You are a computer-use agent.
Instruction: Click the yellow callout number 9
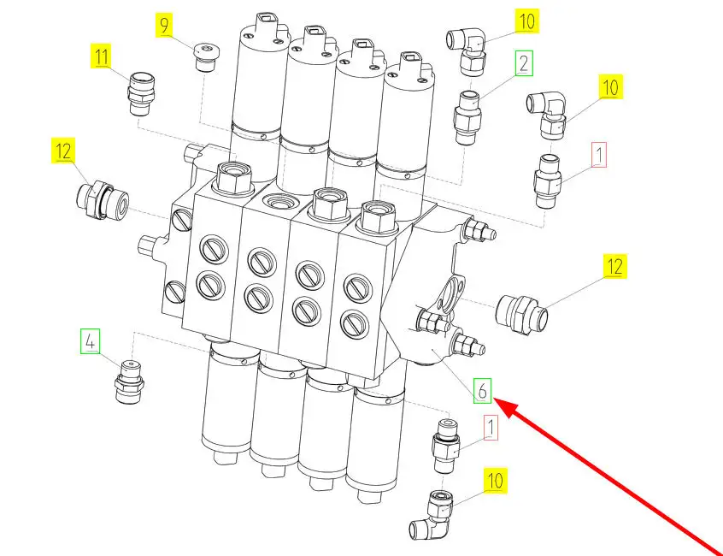click(x=165, y=25)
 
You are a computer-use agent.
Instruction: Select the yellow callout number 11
click(x=102, y=56)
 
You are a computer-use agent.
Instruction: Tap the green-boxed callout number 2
click(x=524, y=63)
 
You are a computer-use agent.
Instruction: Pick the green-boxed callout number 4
click(x=90, y=341)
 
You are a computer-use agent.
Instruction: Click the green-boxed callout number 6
click(x=482, y=390)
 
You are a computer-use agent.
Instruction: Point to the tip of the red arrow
click(x=497, y=401)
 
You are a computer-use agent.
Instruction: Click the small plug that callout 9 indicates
click(x=205, y=57)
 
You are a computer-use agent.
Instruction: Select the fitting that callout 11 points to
click(x=142, y=94)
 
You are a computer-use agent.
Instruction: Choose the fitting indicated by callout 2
click(x=467, y=117)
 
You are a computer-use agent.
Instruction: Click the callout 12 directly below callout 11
click(x=63, y=151)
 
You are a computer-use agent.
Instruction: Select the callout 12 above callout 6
click(x=615, y=266)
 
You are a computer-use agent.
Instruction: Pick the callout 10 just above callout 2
click(x=526, y=21)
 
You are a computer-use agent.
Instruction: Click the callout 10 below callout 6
click(x=495, y=481)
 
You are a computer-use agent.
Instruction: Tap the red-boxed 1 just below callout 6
click(x=491, y=428)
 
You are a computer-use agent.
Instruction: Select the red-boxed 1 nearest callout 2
click(x=598, y=155)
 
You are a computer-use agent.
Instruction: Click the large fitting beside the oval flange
click(x=522, y=314)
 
